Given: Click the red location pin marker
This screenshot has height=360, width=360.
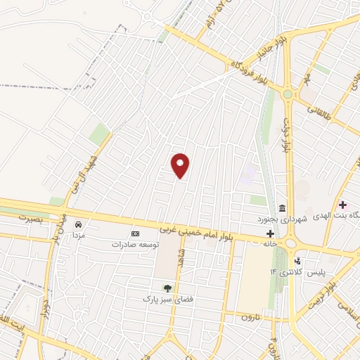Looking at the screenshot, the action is point(181,165).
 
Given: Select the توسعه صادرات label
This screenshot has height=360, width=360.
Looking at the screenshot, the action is point(136,245).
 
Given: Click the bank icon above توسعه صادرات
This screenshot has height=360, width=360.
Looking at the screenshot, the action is point(136,234).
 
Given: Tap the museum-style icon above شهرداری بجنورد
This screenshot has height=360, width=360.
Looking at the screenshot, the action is point(281,208).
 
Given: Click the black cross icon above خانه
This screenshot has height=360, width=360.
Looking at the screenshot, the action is point(270,233).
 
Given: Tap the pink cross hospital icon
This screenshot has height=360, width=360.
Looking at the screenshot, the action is point(342,205).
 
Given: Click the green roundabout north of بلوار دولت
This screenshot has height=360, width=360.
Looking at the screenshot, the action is point(287,94).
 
